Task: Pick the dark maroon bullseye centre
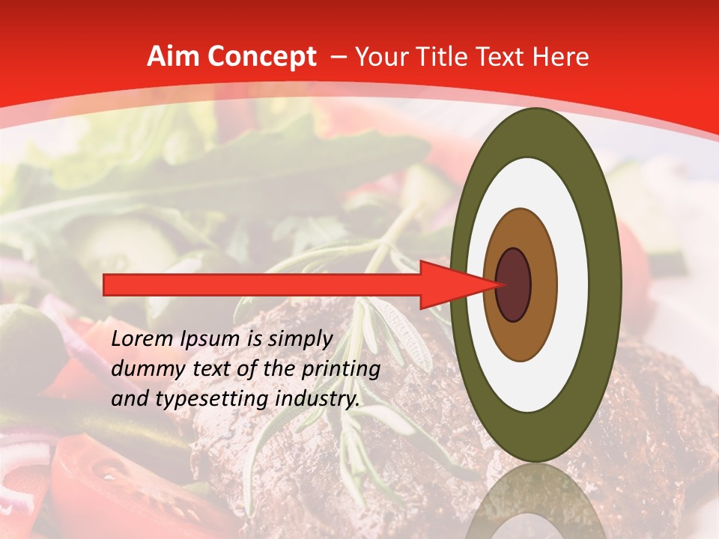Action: (513, 285)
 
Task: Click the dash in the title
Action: (339, 58)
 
